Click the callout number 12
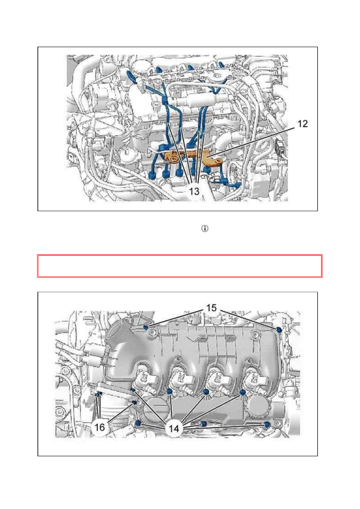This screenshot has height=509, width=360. [x=302, y=124]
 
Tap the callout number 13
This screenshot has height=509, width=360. [x=194, y=191]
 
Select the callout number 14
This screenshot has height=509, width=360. [x=174, y=429]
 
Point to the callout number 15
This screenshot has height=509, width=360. [x=211, y=308]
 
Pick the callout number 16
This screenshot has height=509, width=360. [x=100, y=427]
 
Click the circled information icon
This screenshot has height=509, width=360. [x=205, y=229]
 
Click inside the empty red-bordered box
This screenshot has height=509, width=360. [x=180, y=266]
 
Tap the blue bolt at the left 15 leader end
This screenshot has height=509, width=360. [x=146, y=327]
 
